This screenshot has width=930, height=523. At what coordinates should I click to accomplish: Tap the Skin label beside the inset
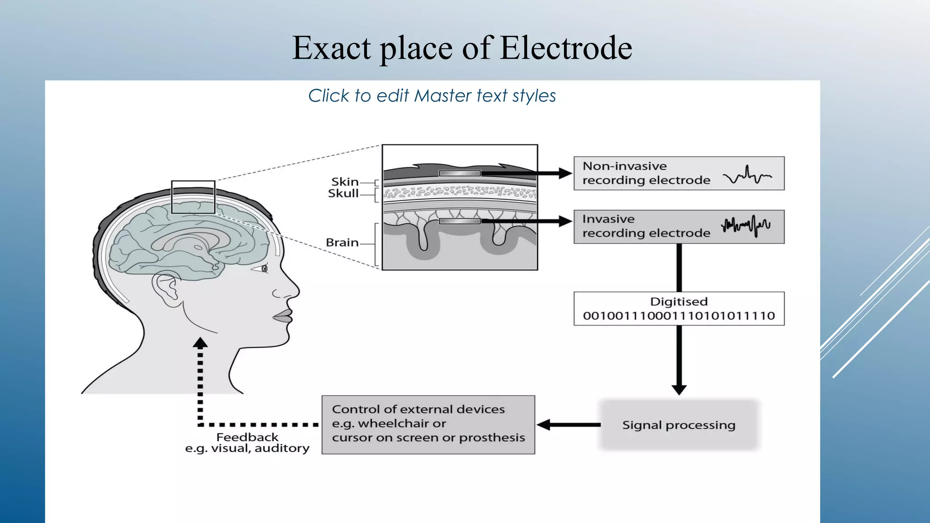(345, 182)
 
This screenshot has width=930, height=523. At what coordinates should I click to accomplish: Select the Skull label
(343, 193)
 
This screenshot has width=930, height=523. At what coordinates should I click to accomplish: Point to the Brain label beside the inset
(342, 242)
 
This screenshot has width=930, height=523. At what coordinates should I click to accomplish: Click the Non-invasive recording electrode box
(678, 173)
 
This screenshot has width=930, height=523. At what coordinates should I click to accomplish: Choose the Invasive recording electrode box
(678, 227)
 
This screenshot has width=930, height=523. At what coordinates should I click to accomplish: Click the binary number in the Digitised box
(678, 316)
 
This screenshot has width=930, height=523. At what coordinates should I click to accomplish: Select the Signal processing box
(678, 425)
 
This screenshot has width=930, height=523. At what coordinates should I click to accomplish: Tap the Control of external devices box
(428, 424)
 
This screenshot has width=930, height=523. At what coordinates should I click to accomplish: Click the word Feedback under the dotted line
(247, 437)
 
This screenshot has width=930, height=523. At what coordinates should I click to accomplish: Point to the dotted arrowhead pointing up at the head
(200, 343)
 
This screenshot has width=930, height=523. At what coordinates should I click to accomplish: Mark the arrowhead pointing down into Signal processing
(679, 389)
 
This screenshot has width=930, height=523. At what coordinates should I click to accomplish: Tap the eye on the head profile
(264, 269)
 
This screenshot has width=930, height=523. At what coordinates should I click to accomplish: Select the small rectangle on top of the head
(193, 197)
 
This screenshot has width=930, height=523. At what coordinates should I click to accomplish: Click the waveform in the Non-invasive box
(747, 175)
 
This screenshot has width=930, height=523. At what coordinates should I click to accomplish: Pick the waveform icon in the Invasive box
(746, 226)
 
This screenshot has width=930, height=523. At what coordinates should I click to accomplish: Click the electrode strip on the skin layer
(460, 173)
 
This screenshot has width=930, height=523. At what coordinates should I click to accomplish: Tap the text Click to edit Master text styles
(432, 96)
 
